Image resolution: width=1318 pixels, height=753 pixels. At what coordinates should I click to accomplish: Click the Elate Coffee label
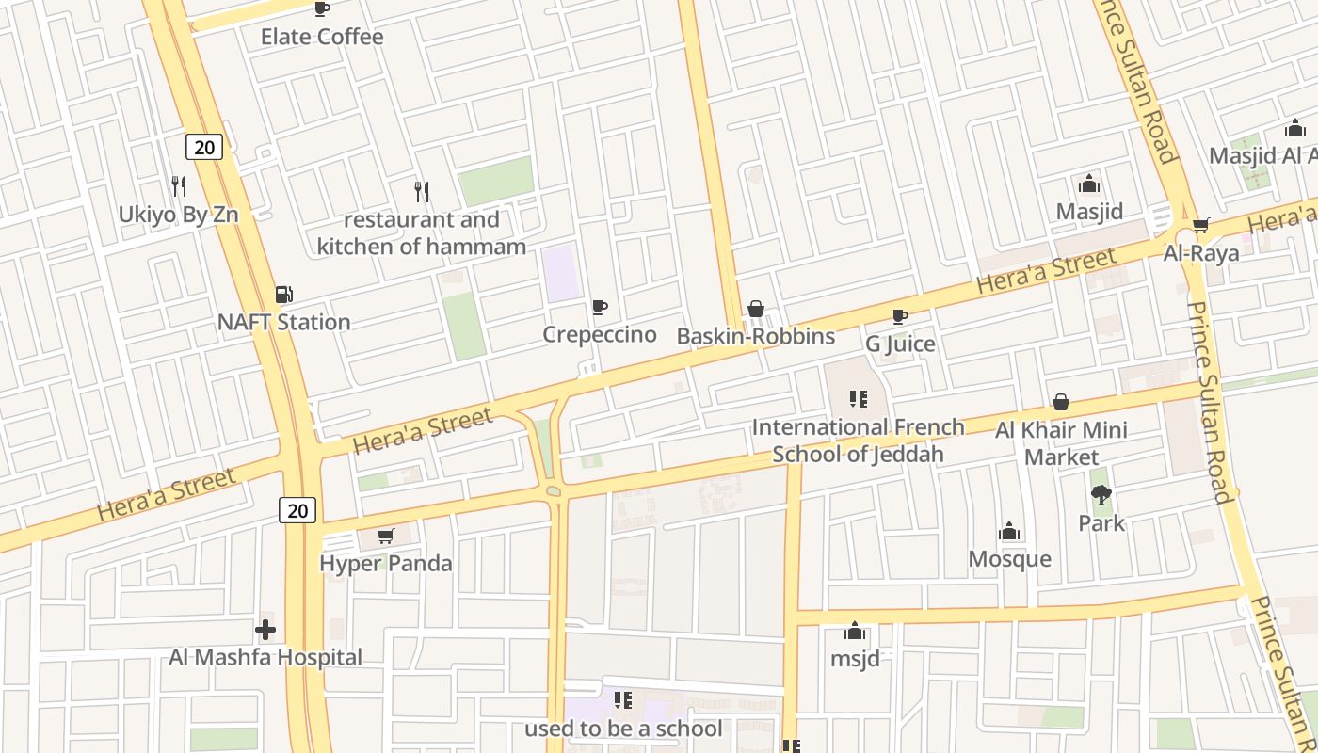coord(322,37)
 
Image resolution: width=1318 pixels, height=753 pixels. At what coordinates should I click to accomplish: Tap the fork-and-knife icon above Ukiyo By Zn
coord(179,185)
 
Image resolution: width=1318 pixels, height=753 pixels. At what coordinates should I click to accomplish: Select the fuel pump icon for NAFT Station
coord(283,295)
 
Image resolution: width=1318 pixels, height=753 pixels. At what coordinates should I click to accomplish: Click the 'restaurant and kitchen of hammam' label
coord(422,233)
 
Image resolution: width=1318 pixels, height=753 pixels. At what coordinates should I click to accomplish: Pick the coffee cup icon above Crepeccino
coord(600,307)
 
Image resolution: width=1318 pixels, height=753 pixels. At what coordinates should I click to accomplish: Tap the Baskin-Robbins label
coord(756,336)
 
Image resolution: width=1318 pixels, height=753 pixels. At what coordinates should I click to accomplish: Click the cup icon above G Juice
coord(900,316)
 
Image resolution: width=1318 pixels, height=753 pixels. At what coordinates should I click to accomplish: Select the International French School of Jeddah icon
coord(858,399)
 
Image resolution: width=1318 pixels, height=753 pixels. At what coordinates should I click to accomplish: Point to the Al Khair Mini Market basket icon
coord(1061,403)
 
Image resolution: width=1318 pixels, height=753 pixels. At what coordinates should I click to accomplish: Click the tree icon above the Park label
coord(1101,495)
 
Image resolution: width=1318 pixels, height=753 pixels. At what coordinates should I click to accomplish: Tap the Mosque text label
coord(1009,559)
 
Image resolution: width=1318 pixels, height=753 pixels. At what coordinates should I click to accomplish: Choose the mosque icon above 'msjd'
coord(855,631)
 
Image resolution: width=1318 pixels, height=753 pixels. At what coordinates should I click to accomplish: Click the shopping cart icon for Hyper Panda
coord(385,537)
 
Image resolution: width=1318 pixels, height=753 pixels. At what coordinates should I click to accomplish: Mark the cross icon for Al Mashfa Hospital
coord(265,629)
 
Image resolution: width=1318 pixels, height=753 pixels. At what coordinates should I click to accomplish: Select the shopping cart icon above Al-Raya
coord(1200,225)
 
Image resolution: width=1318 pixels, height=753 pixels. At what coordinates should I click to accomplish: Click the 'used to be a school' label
coord(623,729)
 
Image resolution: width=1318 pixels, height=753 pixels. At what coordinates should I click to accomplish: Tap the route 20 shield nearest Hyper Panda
coord(297,510)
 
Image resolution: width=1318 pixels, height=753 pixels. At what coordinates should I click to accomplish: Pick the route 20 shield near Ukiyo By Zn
coord(203,147)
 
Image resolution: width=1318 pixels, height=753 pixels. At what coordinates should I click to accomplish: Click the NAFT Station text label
coord(283,322)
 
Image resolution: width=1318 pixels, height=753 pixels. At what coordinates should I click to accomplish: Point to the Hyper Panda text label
coord(386,564)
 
